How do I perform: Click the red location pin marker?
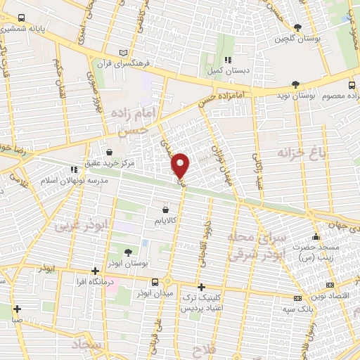coord(181,165)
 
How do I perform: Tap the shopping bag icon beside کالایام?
coord(165,209)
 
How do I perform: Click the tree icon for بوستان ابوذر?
coord(127,252)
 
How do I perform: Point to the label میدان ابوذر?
coord(166,292)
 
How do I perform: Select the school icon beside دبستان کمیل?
coord(227,60)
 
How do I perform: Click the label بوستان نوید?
coord(293,94)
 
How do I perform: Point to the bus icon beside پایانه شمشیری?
coord(21,18)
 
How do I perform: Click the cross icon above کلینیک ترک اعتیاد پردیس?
coord(201,287)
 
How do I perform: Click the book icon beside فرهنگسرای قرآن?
coord(124,53)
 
